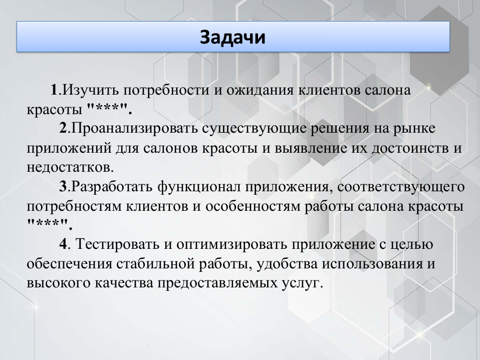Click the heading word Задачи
(x=233, y=37)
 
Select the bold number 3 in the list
(x=63, y=187)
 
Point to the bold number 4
(x=63, y=245)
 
